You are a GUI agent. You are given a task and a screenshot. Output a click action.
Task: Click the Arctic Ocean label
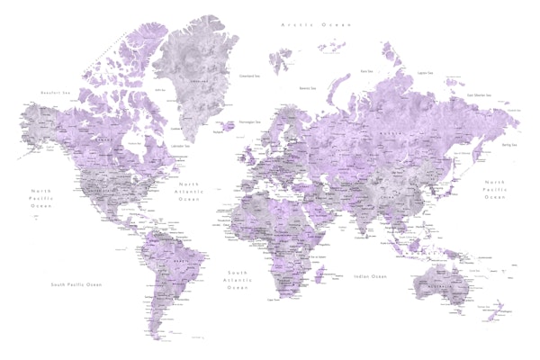(313, 25)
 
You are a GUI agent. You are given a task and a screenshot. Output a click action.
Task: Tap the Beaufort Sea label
(56, 92)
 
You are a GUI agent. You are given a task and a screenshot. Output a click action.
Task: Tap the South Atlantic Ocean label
(238, 279)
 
